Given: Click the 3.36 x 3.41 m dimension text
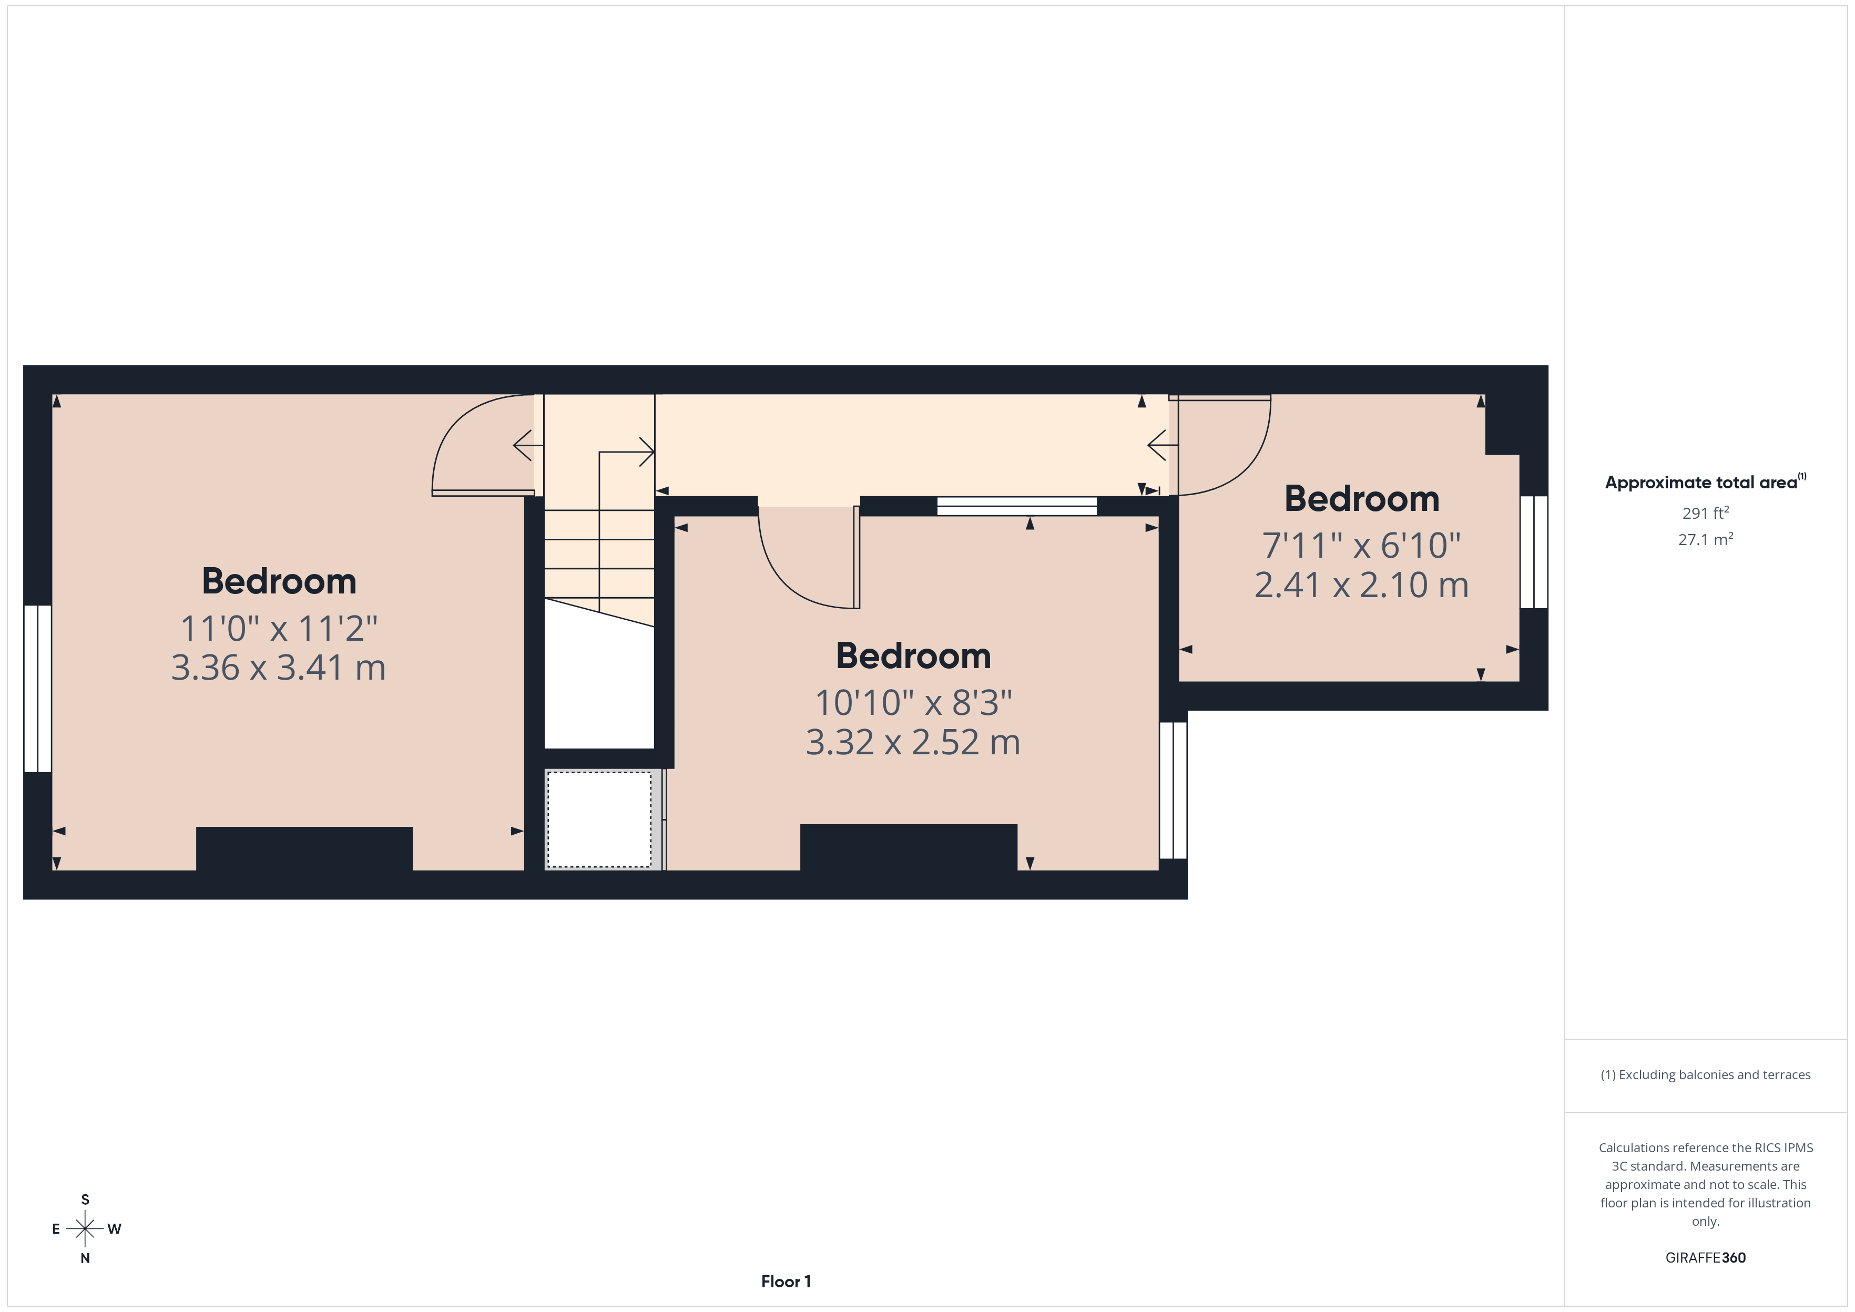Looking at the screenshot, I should [278, 668].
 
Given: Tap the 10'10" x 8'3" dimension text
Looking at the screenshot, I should [913, 703].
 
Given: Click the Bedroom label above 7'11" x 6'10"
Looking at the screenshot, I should [1361, 498].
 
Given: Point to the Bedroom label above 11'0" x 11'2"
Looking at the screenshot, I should [278, 581].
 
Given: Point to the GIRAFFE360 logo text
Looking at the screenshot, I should [1705, 1257].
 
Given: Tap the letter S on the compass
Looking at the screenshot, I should [85, 1200].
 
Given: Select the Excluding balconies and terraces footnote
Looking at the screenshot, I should [1705, 1074].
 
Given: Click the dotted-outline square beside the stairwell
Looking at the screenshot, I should [599, 819].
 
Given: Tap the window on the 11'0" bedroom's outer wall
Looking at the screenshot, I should [38, 688].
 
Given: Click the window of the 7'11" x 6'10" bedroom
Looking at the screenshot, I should [1533, 552].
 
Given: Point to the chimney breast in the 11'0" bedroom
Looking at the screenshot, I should [304, 848].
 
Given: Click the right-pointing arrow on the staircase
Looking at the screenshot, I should [646, 452].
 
